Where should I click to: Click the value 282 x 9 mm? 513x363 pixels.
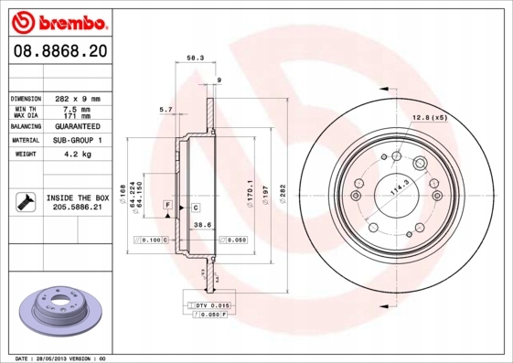(78, 98)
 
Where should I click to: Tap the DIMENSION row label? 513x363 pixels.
(26, 98)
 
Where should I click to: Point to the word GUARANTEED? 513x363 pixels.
(78, 127)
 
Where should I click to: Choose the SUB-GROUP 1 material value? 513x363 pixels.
(78, 141)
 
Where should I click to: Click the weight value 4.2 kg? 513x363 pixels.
(78, 155)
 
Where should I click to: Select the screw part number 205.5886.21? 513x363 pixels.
(78, 208)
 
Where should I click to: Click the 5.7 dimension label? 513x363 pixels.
(166, 110)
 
